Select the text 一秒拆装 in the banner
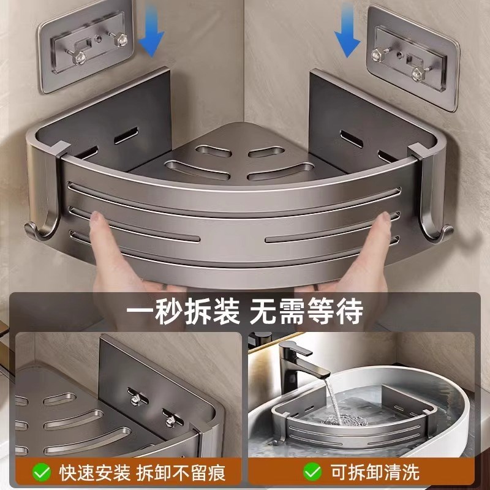[183, 311]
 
